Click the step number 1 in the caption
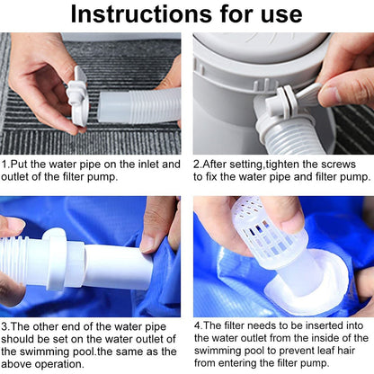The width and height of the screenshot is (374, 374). [4, 165]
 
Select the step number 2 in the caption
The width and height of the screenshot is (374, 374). [198, 165]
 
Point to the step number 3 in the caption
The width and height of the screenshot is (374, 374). [4, 325]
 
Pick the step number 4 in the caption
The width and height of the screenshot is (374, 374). [198, 325]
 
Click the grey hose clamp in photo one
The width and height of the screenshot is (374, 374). [78, 95]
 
